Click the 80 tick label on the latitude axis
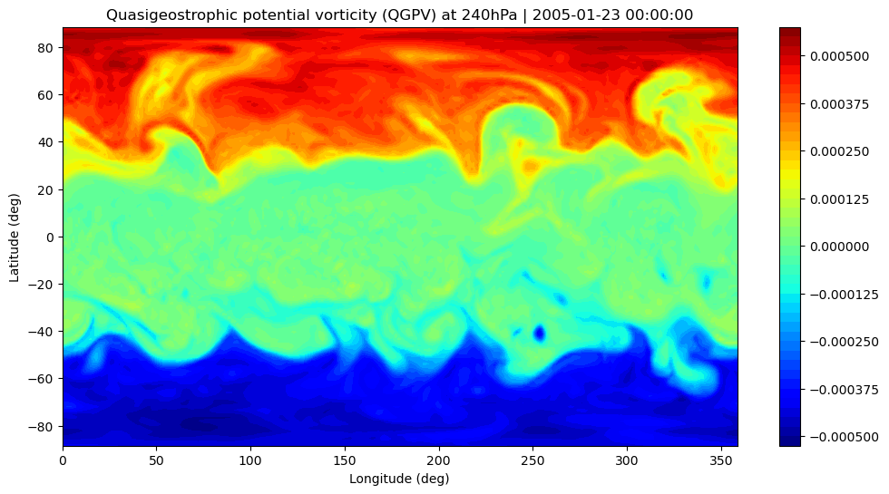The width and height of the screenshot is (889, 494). [x=46, y=48]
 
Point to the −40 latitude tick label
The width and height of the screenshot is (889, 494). [x=42, y=332]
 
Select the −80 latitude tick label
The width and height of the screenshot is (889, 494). [x=42, y=426]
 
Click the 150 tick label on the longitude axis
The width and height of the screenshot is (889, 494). [x=344, y=460]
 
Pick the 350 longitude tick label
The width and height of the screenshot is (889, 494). [x=721, y=460]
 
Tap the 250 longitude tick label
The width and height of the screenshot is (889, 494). [x=532, y=460]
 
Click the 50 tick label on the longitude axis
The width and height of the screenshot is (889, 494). [x=156, y=460]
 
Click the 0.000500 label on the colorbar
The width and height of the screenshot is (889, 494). [x=839, y=56]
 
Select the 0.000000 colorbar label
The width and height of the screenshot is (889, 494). [x=839, y=247]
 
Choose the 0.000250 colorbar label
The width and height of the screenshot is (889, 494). [x=839, y=152]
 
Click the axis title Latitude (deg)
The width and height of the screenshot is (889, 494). [x=15, y=237]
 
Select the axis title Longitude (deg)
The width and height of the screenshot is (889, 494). [x=399, y=479]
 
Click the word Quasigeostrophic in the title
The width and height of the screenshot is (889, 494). [x=155, y=15]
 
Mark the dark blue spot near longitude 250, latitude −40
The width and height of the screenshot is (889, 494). [x=539, y=334]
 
